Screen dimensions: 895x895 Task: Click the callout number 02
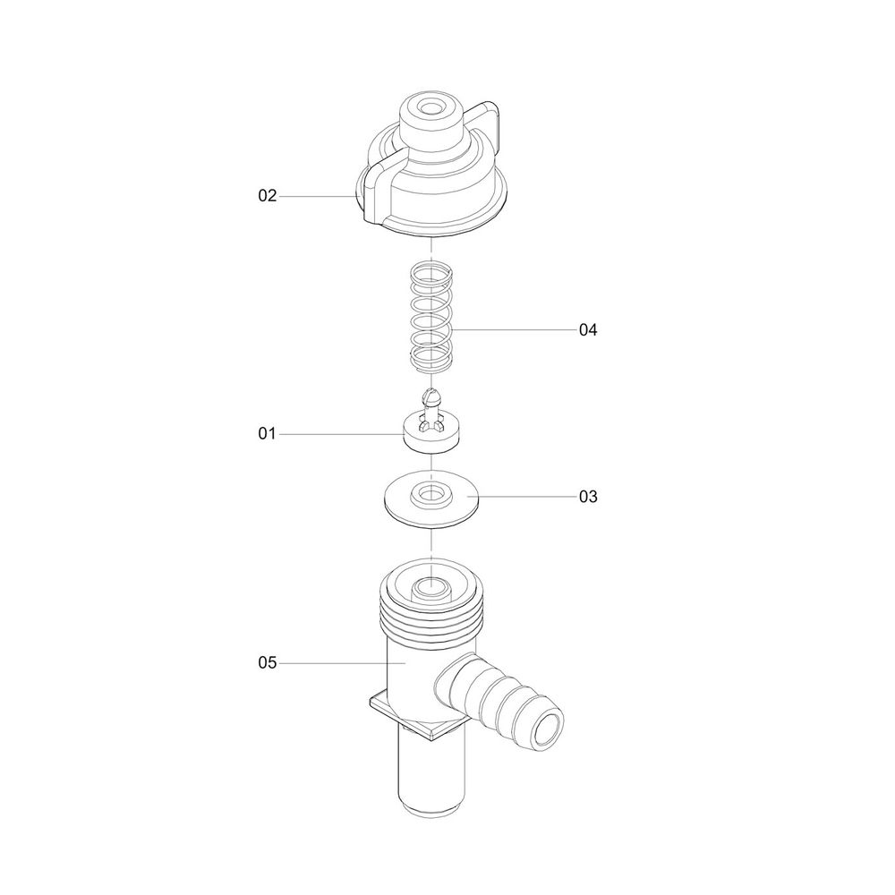[x=267, y=196]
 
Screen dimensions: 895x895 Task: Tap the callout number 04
[x=588, y=330]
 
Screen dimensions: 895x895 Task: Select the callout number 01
[x=267, y=434]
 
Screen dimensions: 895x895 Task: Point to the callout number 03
[x=588, y=497]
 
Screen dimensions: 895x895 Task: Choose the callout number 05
[x=267, y=662]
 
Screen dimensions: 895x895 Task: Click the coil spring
[x=431, y=317]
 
